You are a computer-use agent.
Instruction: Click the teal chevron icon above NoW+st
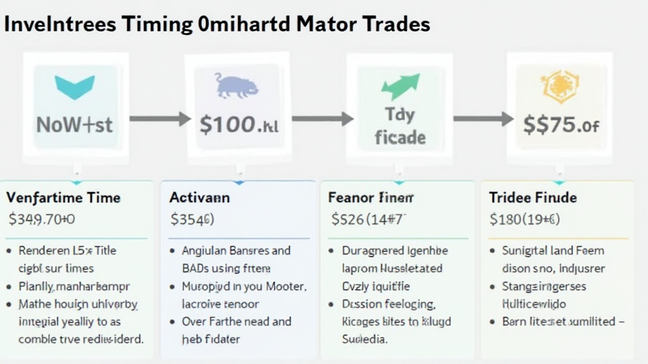75,87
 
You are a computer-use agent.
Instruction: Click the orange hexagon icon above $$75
559,87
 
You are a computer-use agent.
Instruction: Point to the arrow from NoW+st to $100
159,119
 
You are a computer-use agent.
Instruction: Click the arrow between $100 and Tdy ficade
322,119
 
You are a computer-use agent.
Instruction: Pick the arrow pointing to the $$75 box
483,119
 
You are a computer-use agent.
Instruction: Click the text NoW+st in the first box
75,124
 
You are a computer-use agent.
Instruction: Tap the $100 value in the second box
239,124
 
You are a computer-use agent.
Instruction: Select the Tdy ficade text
399,126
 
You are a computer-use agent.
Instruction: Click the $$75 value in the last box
561,124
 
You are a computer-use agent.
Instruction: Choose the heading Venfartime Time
63,198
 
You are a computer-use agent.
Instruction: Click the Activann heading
199,198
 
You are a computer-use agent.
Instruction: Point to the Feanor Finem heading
371,198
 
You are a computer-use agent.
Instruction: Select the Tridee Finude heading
533,198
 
